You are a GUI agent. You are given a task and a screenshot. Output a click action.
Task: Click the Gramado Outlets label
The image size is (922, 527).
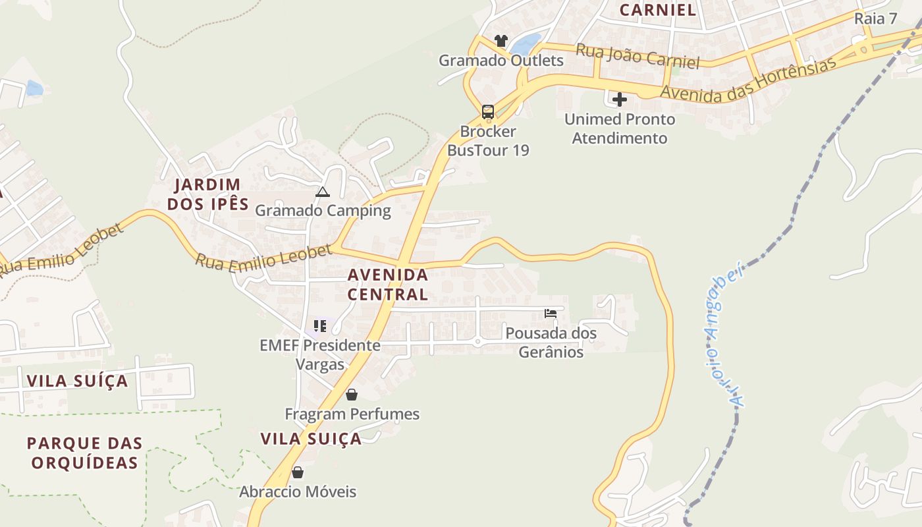pyautogui.click(x=501, y=61)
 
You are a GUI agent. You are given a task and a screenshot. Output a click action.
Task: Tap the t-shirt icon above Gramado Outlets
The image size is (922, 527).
pyautogui.click(x=501, y=41)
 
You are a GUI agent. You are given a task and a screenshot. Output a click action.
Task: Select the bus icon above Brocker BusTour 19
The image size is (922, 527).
pyautogui.click(x=488, y=111)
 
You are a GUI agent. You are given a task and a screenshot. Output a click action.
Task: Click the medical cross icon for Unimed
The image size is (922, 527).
pyautogui.click(x=620, y=99)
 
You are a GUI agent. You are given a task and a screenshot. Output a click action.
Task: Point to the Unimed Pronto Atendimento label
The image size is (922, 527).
pyautogui.click(x=620, y=128)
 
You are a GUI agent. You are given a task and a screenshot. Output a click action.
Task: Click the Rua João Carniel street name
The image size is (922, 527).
pyautogui.click(x=637, y=57)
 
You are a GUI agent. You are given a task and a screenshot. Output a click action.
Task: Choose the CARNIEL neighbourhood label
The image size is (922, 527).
pyautogui.click(x=658, y=10)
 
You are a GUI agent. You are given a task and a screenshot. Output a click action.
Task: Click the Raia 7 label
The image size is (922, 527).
pyautogui.click(x=875, y=18)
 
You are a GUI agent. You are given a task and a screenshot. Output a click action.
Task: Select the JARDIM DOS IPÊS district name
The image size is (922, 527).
pyautogui.click(x=207, y=194)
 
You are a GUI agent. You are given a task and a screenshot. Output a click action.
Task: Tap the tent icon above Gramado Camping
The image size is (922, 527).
pyautogui.click(x=322, y=192)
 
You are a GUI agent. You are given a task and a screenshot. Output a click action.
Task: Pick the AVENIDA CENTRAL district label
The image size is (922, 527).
pyautogui.click(x=388, y=284)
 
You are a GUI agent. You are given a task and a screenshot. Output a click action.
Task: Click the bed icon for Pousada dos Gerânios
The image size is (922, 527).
pyautogui.click(x=551, y=314)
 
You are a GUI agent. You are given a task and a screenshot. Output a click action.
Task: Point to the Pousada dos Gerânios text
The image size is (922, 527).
pyautogui.click(x=551, y=343)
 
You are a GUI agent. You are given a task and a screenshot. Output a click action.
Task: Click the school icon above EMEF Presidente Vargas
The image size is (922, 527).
pyautogui.click(x=320, y=325)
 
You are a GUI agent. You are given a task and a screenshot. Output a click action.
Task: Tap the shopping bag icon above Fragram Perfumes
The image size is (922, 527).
pyautogui.click(x=352, y=395)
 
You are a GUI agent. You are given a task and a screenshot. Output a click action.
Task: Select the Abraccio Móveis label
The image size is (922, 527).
pyautogui.click(x=298, y=491)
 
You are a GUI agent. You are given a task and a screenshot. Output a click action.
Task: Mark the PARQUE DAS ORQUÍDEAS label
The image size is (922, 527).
pyautogui.click(x=84, y=453)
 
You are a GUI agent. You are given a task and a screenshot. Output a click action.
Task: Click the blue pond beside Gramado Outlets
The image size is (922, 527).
pyautogui.click(x=526, y=44)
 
